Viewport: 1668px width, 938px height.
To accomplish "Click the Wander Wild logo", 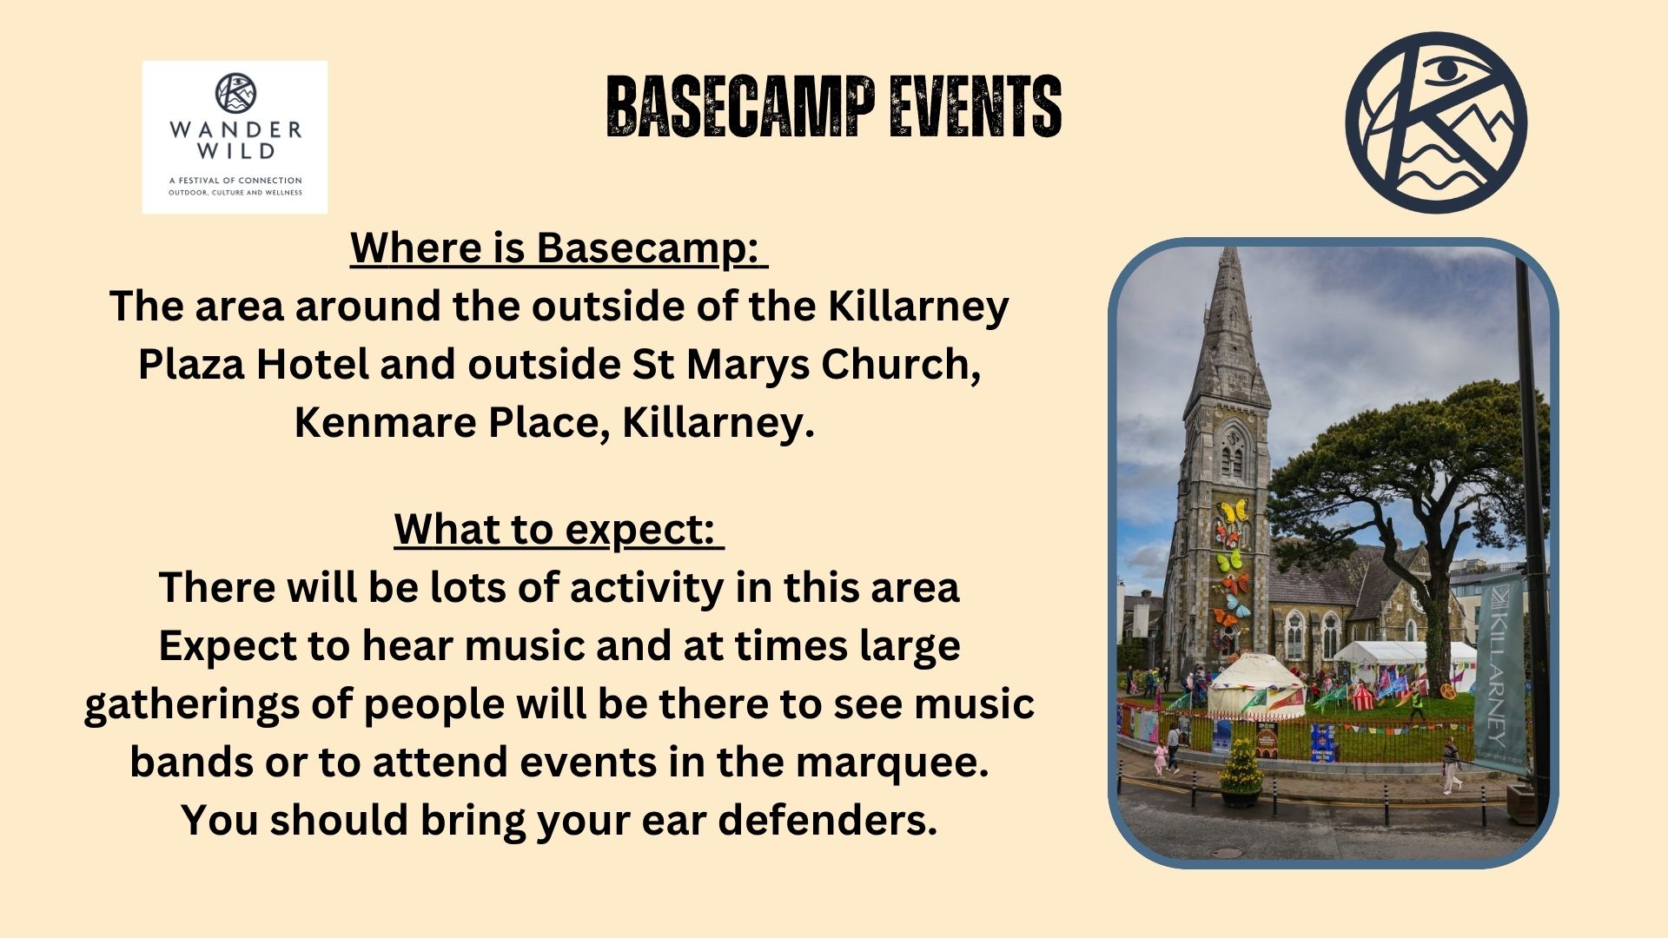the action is [235, 137].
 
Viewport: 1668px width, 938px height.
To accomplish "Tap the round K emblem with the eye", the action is [1436, 122].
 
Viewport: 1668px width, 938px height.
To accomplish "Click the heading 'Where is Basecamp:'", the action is [559, 248].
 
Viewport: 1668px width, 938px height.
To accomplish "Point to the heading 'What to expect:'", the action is [559, 530].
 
